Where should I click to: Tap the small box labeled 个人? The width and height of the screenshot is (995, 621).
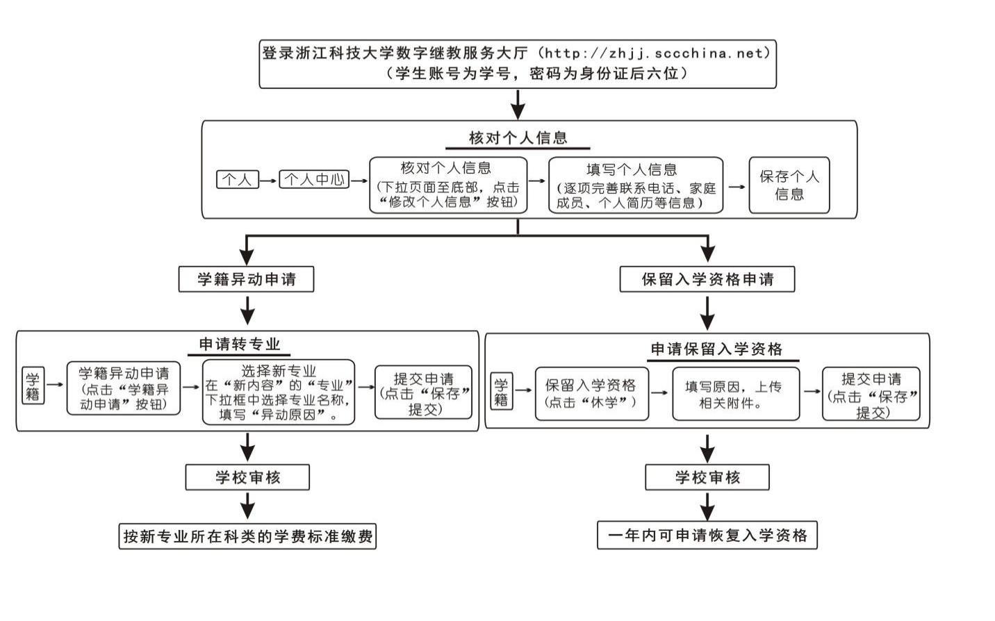[x=237, y=179]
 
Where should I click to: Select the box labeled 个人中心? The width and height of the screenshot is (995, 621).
[x=314, y=179]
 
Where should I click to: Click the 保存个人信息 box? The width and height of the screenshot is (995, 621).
[x=789, y=185]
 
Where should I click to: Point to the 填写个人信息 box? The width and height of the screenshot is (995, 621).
[x=635, y=185]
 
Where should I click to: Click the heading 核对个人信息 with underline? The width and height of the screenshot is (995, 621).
[x=518, y=138]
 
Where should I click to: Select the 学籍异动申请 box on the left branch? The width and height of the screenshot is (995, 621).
[x=246, y=279]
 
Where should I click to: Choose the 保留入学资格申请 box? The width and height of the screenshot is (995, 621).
[x=707, y=279]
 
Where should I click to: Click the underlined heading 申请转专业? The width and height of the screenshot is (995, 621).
[x=239, y=345]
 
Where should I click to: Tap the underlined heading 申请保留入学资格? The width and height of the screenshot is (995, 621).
[x=716, y=349]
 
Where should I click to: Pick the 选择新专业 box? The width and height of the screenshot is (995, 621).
[x=278, y=392]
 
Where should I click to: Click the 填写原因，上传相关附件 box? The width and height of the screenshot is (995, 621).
[x=735, y=394]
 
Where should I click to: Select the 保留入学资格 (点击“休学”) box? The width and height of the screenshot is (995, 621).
[x=591, y=394]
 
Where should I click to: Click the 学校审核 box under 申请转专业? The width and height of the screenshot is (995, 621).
[x=247, y=477]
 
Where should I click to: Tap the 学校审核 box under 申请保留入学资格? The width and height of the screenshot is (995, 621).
[x=707, y=477]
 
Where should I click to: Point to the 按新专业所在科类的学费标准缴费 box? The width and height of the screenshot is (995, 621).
[x=247, y=536]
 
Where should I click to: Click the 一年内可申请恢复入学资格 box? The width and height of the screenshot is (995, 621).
[x=707, y=535]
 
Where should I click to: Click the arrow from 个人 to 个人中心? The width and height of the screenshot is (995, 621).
[x=268, y=180]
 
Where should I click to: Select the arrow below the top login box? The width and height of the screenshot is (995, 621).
[x=518, y=104]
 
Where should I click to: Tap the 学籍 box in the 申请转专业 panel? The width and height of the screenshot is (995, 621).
[x=33, y=386]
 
